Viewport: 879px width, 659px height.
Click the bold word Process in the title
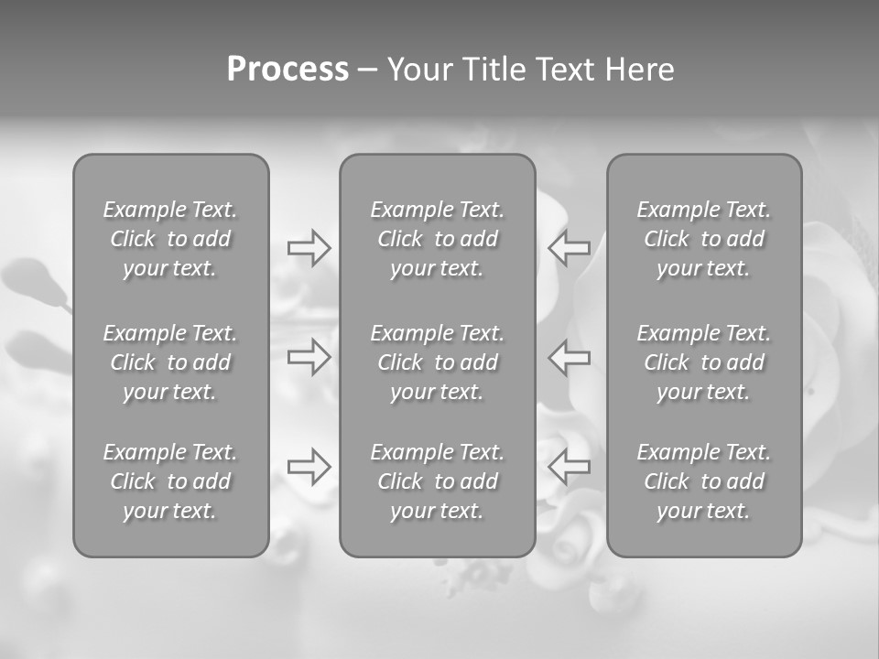click(288, 70)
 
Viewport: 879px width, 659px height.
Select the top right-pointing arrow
click(309, 248)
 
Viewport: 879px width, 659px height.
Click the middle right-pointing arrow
click(309, 357)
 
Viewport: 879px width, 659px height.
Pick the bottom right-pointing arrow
click(309, 466)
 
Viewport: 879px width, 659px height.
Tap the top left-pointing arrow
click(570, 248)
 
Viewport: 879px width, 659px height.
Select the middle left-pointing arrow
click(570, 357)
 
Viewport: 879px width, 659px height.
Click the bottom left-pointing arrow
click(570, 466)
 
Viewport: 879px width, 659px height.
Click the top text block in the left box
click(170, 239)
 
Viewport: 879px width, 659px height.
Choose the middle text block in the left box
click(170, 362)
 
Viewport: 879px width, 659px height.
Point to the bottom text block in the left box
click(170, 481)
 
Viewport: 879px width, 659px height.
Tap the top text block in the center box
click(438, 239)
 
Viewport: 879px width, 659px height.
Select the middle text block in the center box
click(438, 362)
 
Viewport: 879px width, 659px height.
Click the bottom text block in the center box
click(438, 481)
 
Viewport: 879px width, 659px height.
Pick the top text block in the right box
click(704, 239)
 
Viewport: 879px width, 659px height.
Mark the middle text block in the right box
click(704, 362)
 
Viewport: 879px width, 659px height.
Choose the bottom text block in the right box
click(704, 481)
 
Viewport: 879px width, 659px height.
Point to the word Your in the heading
click(419, 70)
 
